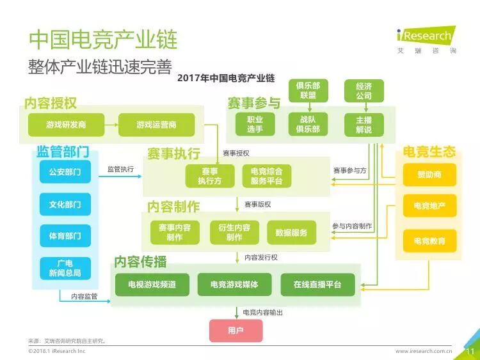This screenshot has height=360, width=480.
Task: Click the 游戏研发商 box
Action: click(x=65, y=124)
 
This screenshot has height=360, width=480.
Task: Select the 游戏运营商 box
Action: click(x=156, y=124)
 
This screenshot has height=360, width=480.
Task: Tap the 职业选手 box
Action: click(x=255, y=124)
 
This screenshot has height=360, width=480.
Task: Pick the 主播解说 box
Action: click(x=364, y=124)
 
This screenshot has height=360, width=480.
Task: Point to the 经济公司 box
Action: click(x=364, y=91)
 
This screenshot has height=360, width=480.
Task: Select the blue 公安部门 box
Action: click(x=65, y=172)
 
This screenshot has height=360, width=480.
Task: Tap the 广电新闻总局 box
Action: click(x=65, y=268)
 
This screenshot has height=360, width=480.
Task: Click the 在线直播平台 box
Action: click(x=317, y=285)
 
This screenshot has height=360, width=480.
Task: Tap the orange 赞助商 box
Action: click(x=429, y=174)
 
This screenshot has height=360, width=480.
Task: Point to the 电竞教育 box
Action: click(x=429, y=240)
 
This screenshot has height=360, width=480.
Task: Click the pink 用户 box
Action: click(x=236, y=330)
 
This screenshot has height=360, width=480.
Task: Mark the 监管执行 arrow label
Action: click(x=120, y=169)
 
